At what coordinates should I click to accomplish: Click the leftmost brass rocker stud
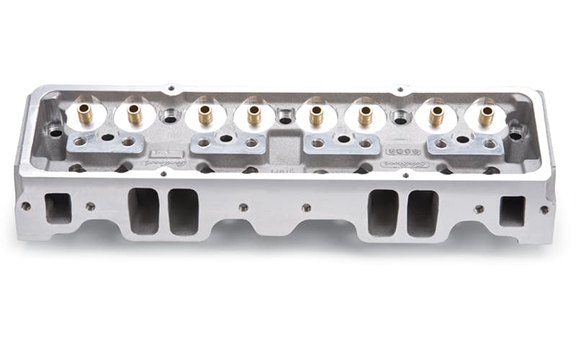85,114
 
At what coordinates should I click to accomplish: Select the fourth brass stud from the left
253,114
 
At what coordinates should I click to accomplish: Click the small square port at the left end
58,208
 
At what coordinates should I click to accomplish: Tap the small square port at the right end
513,210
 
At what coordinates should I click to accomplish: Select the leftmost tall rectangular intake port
143,210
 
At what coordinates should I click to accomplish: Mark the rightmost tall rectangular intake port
423,212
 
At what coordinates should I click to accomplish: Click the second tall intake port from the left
183,211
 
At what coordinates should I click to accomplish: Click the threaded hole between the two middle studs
285,115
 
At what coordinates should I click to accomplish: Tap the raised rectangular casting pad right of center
403,152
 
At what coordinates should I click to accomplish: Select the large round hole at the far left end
55,132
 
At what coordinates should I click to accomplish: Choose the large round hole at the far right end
516,133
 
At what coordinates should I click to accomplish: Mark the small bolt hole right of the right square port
544,210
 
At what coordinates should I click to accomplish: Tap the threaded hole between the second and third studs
169,115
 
